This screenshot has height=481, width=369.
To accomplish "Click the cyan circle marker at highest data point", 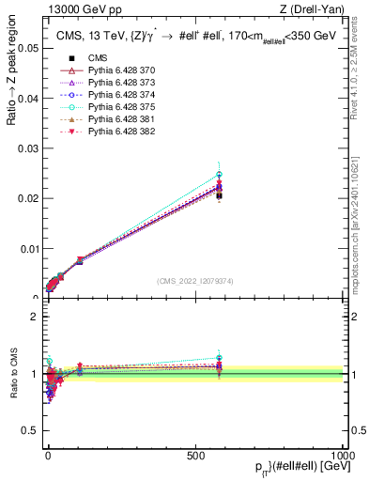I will (x=219, y=175).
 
